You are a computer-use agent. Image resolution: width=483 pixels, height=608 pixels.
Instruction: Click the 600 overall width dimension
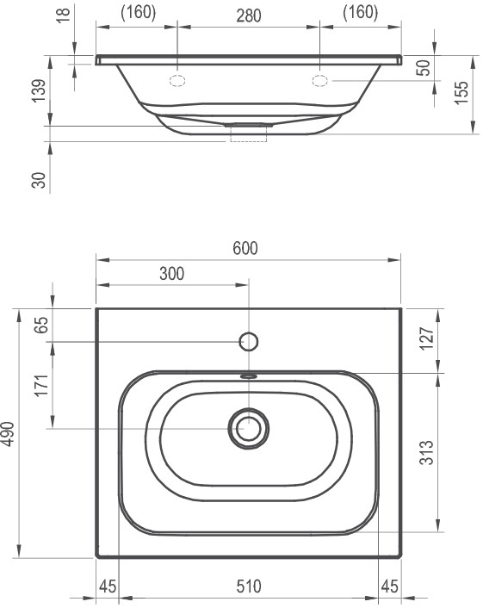pyautogui.click(x=245, y=248)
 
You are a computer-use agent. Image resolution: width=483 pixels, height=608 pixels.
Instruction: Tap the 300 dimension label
pyautogui.click(x=171, y=274)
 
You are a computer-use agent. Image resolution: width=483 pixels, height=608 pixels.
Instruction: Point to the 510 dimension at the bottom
pyautogui.click(x=249, y=586)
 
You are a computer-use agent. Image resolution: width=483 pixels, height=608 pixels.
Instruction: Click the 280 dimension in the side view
pyautogui.click(x=249, y=16)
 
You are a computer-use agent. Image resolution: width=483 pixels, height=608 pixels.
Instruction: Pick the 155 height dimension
pyautogui.click(x=461, y=93)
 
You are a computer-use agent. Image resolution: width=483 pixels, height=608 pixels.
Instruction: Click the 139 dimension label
pyautogui.click(x=39, y=90)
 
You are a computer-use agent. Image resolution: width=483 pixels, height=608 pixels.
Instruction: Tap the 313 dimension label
pyautogui.click(x=426, y=452)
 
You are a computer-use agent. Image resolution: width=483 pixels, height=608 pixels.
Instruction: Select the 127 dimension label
pyautogui.click(x=426, y=338)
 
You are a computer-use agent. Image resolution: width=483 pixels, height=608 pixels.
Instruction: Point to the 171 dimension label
pyautogui.click(x=41, y=385)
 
